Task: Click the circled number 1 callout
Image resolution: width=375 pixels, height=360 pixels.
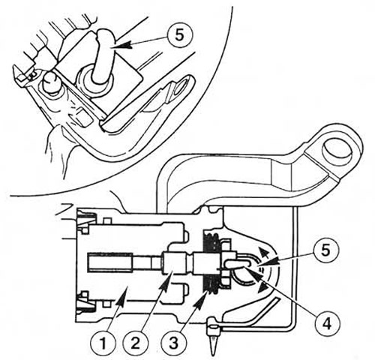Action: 103,344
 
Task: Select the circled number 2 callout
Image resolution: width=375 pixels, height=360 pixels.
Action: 135,344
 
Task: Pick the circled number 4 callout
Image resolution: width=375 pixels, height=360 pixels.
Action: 326,323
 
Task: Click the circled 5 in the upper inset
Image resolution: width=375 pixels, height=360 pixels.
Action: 179,35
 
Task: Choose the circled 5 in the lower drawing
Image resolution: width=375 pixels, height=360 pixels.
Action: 325,250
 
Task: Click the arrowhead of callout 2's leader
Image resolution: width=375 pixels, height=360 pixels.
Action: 169,276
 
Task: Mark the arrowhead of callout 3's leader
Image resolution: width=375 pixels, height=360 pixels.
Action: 205,292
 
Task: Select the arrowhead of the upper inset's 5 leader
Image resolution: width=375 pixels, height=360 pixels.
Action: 124,46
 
